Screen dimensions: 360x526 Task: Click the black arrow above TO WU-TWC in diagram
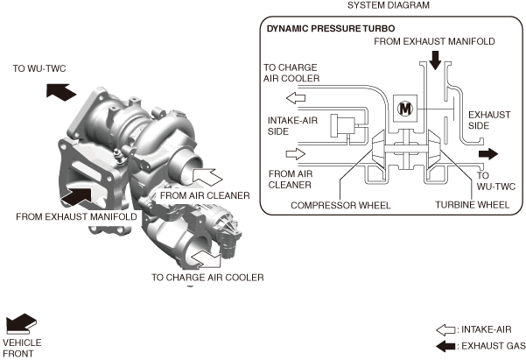click(x=487, y=154)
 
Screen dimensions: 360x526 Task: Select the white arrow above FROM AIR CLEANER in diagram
click(x=298, y=152)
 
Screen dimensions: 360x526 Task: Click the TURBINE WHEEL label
click(x=473, y=206)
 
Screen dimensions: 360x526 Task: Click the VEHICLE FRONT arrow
click(x=22, y=323)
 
